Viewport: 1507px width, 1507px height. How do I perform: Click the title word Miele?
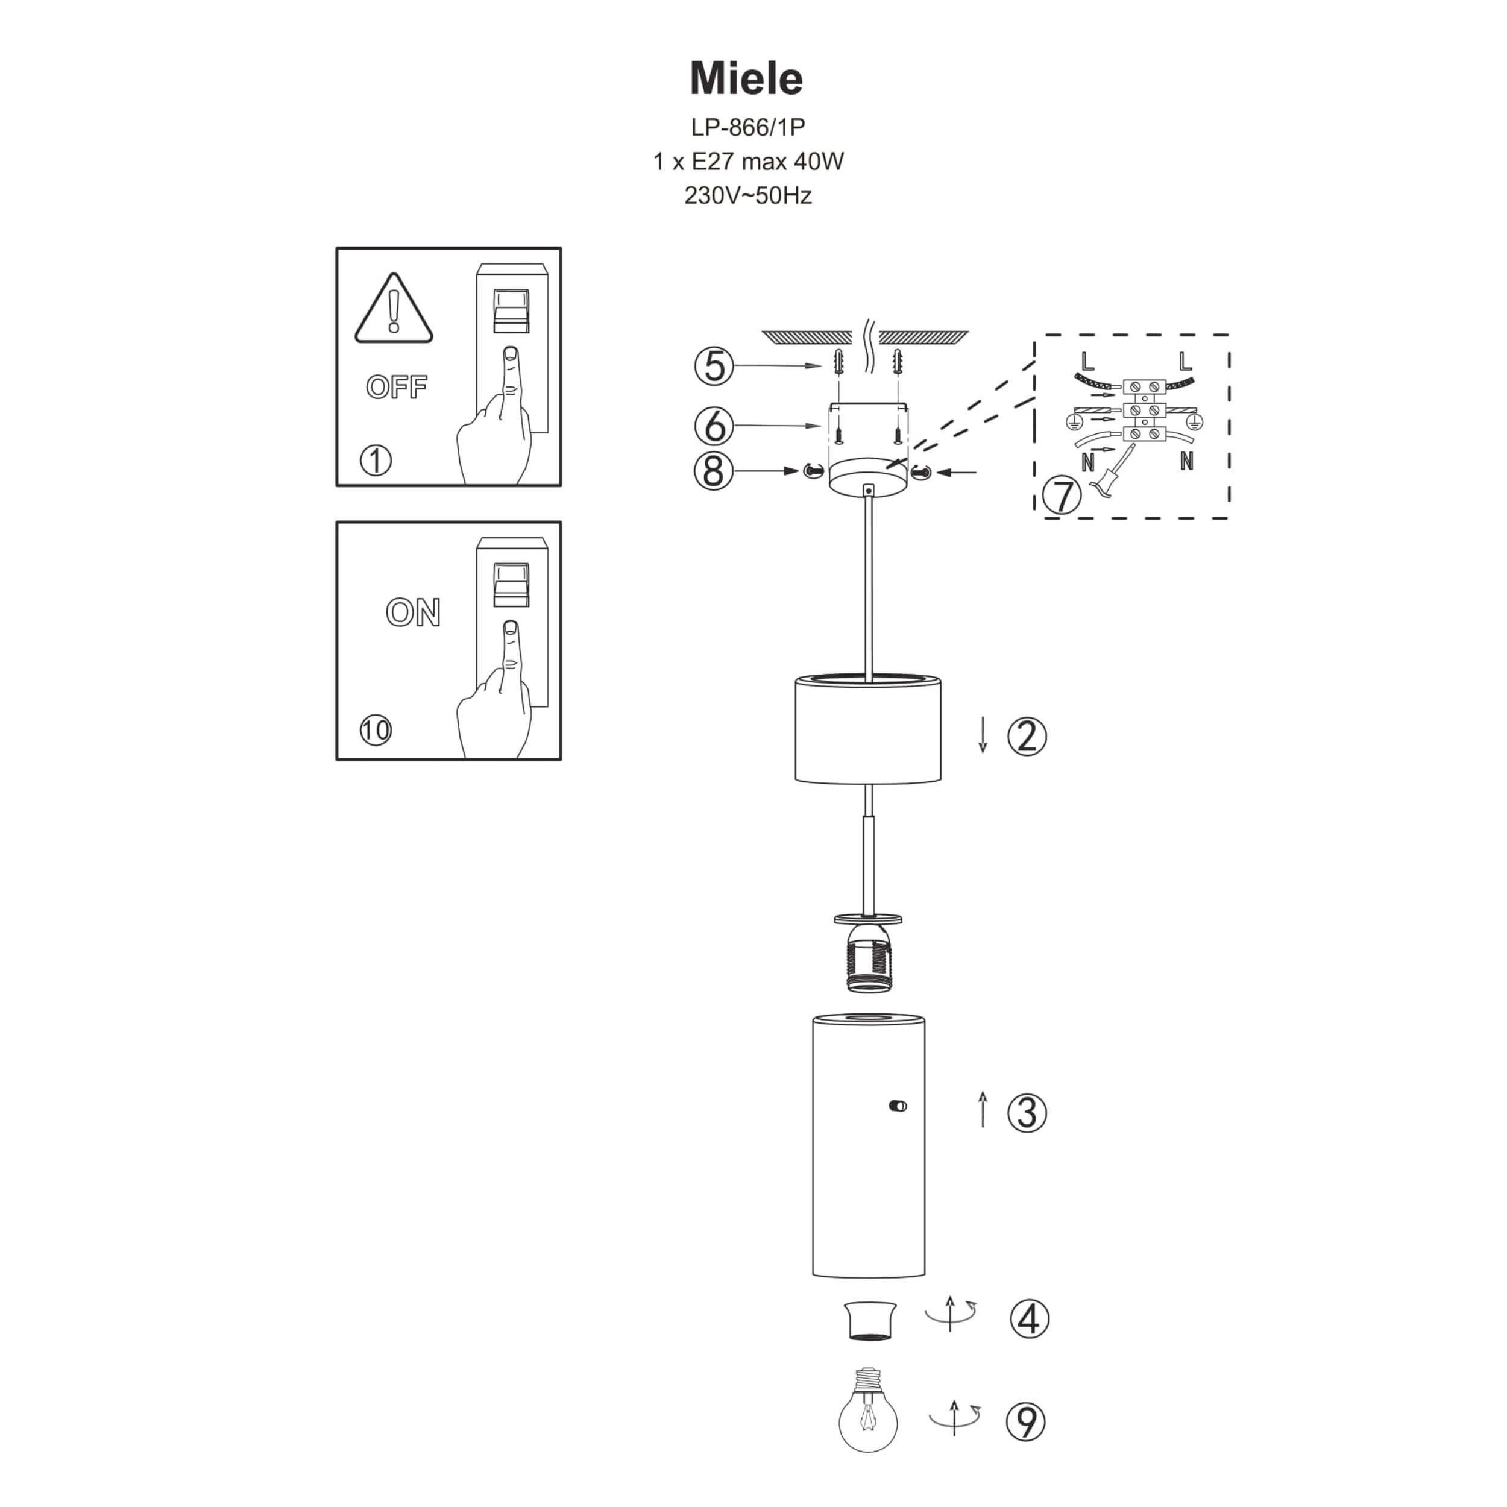(x=746, y=79)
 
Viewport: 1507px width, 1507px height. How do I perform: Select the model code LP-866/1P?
(x=747, y=127)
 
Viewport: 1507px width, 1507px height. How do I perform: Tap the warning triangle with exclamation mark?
(x=394, y=310)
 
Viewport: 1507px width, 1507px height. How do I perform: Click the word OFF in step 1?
(x=397, y=387)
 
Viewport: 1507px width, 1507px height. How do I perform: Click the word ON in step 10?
(x=414, y=612)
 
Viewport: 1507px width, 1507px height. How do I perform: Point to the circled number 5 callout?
(x=714, y=366)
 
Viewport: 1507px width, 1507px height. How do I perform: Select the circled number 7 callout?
(x=1062, y=496)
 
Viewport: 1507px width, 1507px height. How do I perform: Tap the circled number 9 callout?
(x=1027, y=1421)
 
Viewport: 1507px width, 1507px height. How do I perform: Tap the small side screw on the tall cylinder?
(x=898, y=1106)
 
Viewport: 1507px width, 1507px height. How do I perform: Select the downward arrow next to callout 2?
(x=983, y=735)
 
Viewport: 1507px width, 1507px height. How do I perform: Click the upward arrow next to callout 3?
(x=983, y=1109)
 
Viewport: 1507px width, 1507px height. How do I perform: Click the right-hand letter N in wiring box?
(x=1186, y=462)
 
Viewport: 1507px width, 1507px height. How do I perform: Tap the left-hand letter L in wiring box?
(x=1088, y=361)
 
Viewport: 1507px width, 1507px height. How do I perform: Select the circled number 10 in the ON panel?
(x=375, y=730)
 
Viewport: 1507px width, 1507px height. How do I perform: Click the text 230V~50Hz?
(x=747, y=195)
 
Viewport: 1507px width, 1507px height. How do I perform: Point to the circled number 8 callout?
(x=713, y=471)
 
